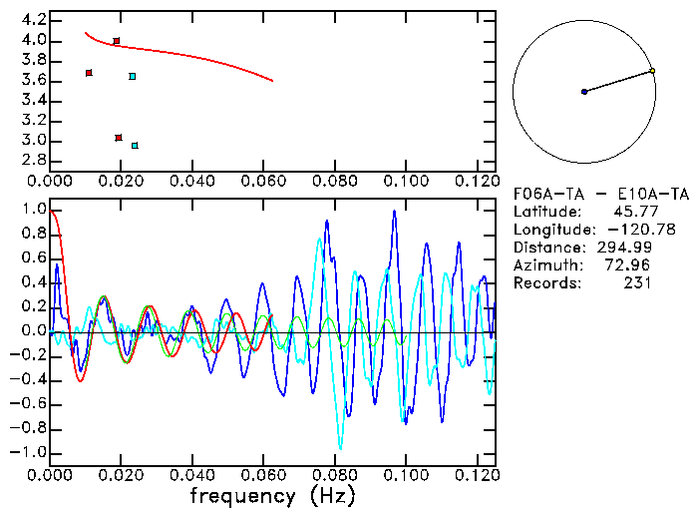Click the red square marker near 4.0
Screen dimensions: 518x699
tap(117, 41)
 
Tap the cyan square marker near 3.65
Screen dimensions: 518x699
tap(133, 76)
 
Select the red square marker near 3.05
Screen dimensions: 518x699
tap(119, 138)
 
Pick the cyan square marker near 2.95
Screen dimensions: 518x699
tap(135, 146)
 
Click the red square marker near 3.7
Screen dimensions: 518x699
tap(89, 73)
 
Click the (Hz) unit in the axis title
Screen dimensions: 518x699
tap(329, 496)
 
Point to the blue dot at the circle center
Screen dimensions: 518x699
tap(584, 92)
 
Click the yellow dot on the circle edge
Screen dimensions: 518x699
tap(652, 71)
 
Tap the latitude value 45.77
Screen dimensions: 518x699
tap(630, 212)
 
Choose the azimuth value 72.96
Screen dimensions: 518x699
tap(630, 265)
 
